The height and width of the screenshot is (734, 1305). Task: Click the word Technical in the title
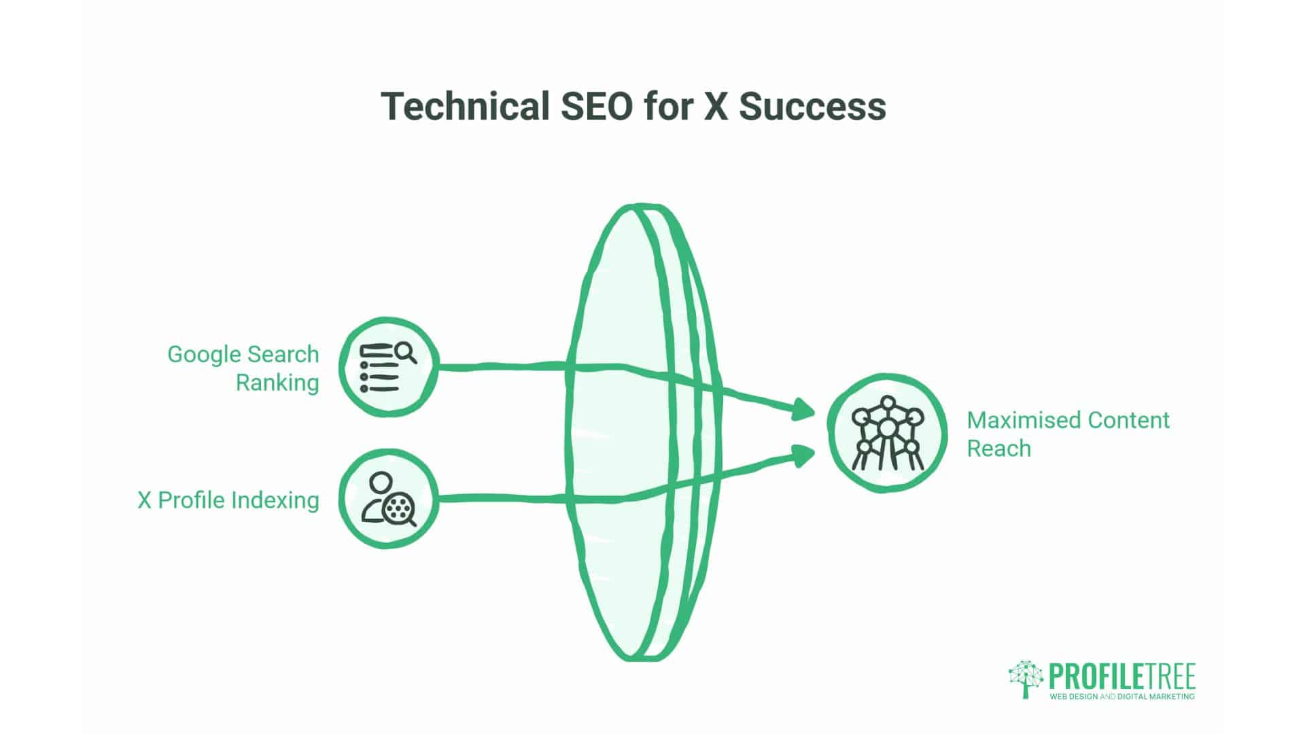pos(465,106)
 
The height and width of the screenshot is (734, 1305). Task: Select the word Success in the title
pos(812,106)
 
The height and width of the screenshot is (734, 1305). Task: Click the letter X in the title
pos(716,106)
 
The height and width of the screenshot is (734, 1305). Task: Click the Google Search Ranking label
pos(243,368)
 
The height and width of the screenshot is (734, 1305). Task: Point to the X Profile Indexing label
pos(228,500)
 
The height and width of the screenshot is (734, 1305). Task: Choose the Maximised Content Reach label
pos(1068,434)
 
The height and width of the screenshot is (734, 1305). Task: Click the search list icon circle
pos(389,366)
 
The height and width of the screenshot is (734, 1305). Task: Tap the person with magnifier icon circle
pos(389,498)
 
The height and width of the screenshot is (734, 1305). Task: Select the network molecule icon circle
pos(887,433)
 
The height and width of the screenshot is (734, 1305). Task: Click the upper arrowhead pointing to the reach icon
pos(804,410)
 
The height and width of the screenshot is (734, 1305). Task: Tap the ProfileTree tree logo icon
pos(1026,679)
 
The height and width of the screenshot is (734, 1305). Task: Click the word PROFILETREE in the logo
pos(1122,677)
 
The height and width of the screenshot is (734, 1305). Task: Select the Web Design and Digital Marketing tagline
pos(1122,697)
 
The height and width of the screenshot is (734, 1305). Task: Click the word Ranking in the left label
pos(277,383)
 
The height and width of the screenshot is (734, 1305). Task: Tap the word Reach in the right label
pos(999,449)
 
